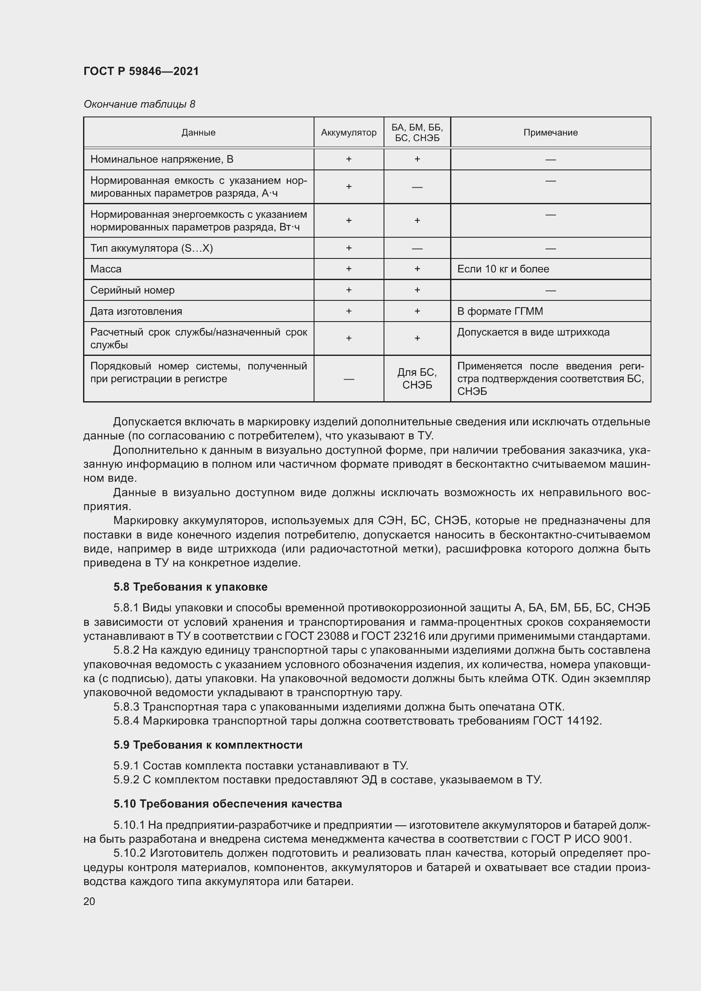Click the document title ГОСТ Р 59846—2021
pyautogui.click(x=141, y=71)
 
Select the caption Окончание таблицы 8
pyautogui.click(x=139, y=104)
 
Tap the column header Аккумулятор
pyautogui.click(x=348, y=133)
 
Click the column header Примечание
pyautogui.click(x=550, y=133)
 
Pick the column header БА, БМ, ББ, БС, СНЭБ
pyautogui.click(x=417, y=133)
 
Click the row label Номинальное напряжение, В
pyautogui.click(x=161, y=159)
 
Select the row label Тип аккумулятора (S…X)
pyautogui.click(x=151, y=248)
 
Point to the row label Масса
pyautogui.click(x=106, y=269)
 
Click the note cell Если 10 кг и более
pyautogui.click(x=503, y=269)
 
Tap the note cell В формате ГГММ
pyautogui.click(x=500, y=311)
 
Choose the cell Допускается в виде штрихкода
pyautogui.click(x=533, y=332)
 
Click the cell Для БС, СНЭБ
pyautogui.click(x=417, y=378)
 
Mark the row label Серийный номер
pyautogui.click(x=132, y=290)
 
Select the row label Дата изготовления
pyautogui.click(x=136, y=311)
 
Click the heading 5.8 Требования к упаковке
pyautogui.click(x=190, y=586)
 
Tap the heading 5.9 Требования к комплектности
pyautogui.click(x=208, y=744)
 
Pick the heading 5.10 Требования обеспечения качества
pyautogui.click(x=228, y=804)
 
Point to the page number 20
pyautogui.click(x=89, y=901)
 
